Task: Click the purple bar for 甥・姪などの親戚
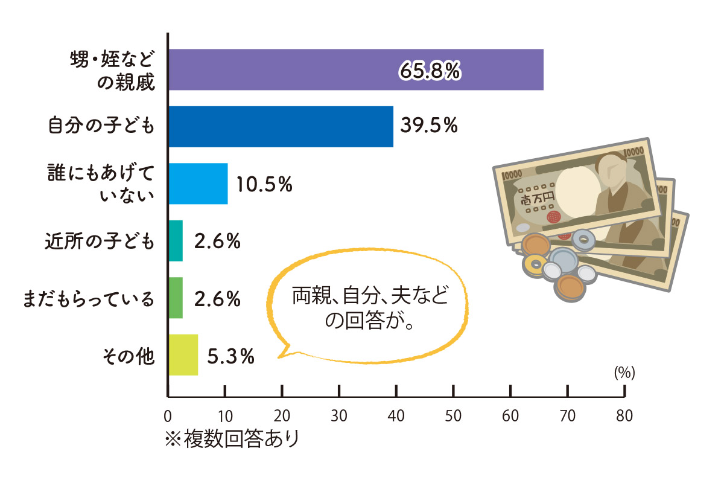coord(356,69)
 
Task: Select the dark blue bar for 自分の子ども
coord(281,126)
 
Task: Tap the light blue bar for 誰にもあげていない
coord(198,184)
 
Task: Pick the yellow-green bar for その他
coord(183,355)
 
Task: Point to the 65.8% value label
coord(430,71)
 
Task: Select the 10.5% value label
coord(264,184)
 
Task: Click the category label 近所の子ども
coord(100,241)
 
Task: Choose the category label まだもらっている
coord(88,298)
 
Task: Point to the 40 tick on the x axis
coord(396,416)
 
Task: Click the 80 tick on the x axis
coord(624,416)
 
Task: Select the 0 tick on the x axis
coord(168,416)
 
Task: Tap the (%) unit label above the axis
coord(624,374)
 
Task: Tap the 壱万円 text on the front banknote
coord(534,197)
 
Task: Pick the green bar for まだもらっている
coord(175,298)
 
